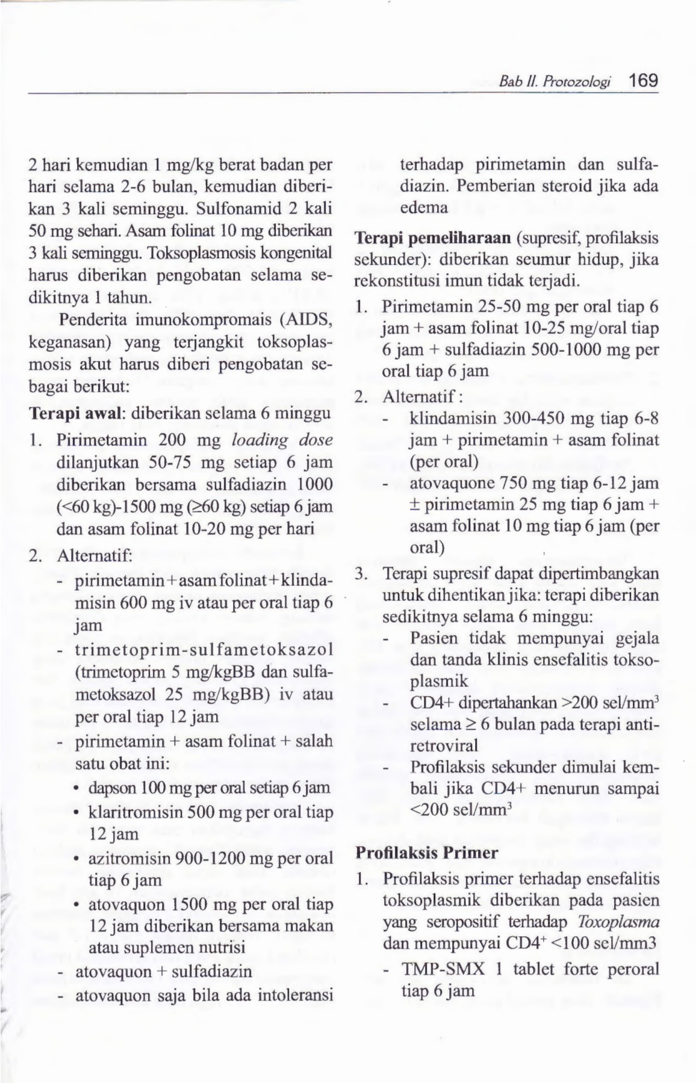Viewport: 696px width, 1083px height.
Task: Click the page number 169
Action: pyautogui.click(x=643, y=80)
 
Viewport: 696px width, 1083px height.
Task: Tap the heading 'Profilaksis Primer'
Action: pyautogui.click(x=427, y=853)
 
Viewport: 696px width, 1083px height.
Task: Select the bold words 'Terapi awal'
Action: pyautogui.click(x=76, y=414)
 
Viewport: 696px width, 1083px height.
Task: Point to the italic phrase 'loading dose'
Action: pyautogui.click(x=282, y=439)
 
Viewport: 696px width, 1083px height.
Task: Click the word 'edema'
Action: pyautogui.click(x=423, y=208)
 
